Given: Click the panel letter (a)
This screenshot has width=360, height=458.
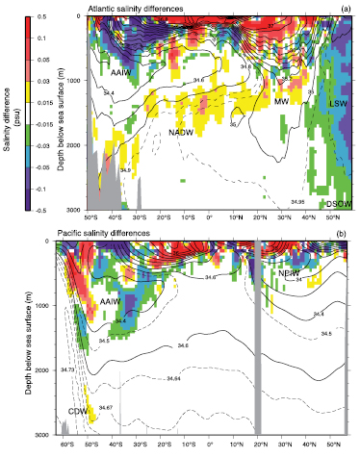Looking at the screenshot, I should pyautogui.click(x=344, y=8).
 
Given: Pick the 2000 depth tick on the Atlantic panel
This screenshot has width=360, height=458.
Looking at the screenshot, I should pyautogui.click(x=68, y=144).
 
